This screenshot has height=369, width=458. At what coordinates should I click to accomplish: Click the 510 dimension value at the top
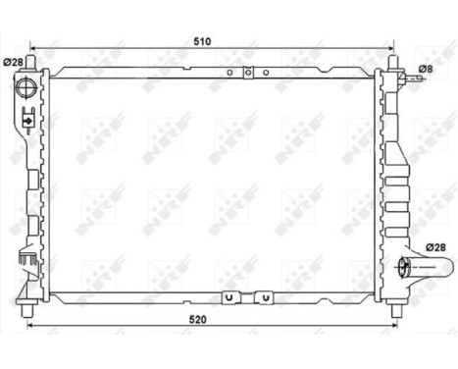(x=202, y=41)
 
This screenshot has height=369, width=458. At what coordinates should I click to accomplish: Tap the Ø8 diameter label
(x=425, y=69)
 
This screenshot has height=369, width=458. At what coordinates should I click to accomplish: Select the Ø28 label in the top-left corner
(x=14, y=63)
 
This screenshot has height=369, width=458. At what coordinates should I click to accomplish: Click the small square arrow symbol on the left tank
(x=27, y=122)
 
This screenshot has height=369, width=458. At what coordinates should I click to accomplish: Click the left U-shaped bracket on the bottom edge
(x=229, y=296)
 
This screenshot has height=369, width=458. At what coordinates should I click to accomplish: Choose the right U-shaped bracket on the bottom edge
(x=263, y=296)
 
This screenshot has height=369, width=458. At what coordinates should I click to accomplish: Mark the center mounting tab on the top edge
(x=249, y=72)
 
